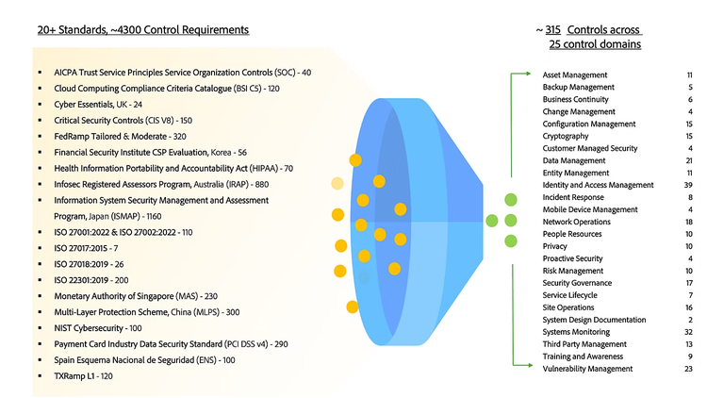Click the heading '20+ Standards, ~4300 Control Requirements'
tap(143, 29)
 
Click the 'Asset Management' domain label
tap(575, 75)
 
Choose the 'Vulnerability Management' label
tap(587, 369)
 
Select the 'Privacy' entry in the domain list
tap(555, 246)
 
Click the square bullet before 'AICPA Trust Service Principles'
tap(39, 73)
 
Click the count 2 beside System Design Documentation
tap(690, 320)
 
